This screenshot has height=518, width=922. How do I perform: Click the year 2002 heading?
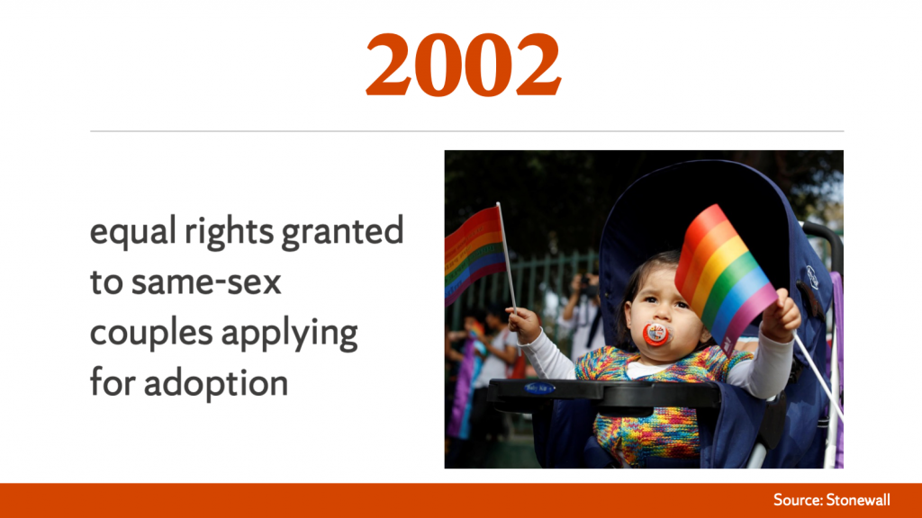[464, 65]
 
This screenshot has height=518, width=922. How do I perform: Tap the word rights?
[229, 231]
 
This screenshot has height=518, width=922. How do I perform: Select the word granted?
[342, 231]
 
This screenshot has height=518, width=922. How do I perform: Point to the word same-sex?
[206, 282]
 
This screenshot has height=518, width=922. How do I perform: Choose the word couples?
[151, 334]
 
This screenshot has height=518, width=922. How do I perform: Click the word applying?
[289, 334]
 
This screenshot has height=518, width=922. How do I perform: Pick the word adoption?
[216, 384]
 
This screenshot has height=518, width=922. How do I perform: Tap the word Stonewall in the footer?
[858, 500]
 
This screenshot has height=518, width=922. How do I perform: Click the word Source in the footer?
[798, 500]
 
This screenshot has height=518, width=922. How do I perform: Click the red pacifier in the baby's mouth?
[655, 335]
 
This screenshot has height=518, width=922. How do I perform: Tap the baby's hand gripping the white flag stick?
[524, 324]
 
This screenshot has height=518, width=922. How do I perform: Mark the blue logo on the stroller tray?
[539, 388]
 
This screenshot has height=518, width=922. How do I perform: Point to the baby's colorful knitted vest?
[653, 406]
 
